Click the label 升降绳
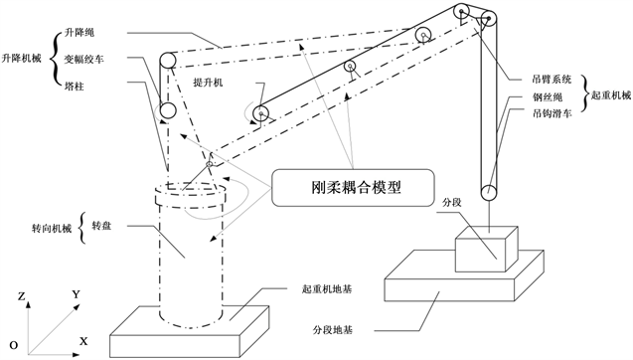[79, 33]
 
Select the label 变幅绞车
[84, 59]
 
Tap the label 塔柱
[75, 87]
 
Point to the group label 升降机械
[22, 59]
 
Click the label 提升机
[208, 84]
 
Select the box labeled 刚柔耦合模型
[353, 188]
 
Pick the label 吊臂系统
[552, 80]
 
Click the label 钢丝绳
[548, 97]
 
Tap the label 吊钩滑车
[552, 113]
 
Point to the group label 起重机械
[611, 95]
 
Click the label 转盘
[101, 226]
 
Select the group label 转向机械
[52, 229]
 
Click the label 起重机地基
[327, 289]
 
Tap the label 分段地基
[333, 330]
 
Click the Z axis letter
[22, 296]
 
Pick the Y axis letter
[77, 294]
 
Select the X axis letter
[83, 342]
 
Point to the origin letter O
[14, 346]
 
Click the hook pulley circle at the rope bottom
[489, 193]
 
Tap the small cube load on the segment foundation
[487, 249]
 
